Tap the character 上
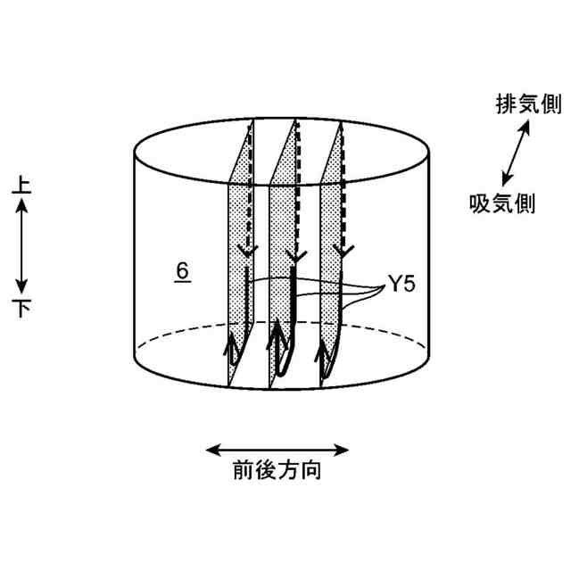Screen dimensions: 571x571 [23, 186]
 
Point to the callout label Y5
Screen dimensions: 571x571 [400, 285]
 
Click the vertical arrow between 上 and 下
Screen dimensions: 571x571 [23, 247]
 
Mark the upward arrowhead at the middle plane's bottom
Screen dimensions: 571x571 [276, 337]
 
